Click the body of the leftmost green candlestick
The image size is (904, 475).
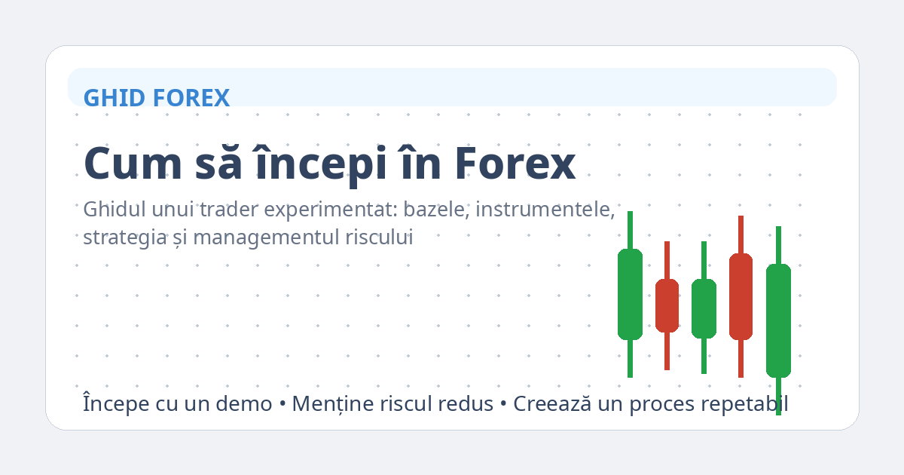pyautogui.click(x=630, y=294)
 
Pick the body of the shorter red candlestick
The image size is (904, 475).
pyautogui.click(x=667, y=305)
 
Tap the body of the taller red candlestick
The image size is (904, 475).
pyautogui.click(x=741, y=296)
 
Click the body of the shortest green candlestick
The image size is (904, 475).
pyautogui.click(x=704, y=308)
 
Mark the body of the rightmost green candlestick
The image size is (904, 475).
pyautogui.click(x=778, y=320)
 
